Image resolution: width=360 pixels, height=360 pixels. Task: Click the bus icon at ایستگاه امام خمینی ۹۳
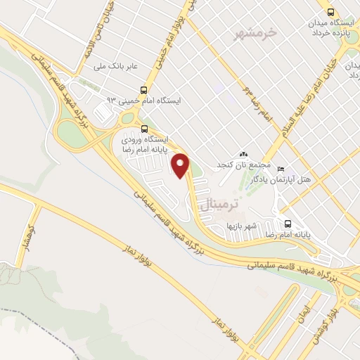(144, 90)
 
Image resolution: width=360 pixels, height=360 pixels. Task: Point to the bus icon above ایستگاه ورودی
(144, 129)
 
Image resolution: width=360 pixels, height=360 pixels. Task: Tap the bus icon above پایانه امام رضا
(287, 224)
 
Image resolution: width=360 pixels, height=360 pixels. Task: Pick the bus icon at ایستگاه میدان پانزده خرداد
(330, 11)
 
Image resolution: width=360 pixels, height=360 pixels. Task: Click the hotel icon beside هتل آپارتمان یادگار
(281, 169)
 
